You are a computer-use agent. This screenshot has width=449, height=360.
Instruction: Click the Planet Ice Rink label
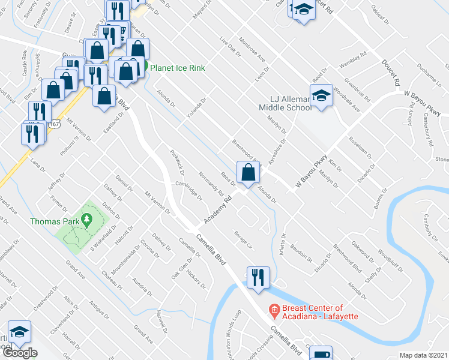pos(177,68)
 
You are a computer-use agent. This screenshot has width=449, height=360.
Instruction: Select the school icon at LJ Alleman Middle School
pos(321,95)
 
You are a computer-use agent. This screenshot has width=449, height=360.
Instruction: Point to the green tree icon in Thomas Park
pos(87,221)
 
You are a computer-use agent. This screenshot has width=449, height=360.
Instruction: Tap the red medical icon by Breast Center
pos(274,311)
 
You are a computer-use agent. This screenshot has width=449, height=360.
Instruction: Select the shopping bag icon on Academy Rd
pos(248,173)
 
